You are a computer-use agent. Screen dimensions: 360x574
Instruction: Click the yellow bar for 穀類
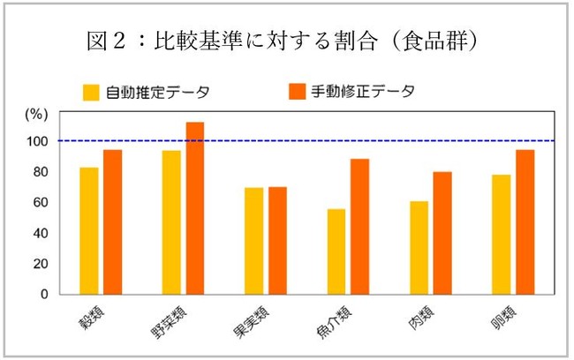89,230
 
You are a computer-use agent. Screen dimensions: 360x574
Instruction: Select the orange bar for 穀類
112,221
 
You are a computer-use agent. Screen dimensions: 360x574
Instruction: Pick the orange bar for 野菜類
194,207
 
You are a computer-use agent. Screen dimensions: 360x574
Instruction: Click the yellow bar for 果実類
253,240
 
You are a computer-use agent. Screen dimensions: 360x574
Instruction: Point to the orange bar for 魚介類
359,226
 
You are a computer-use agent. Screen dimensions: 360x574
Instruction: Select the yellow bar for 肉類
419,247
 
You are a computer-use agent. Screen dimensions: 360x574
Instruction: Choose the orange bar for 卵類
525,221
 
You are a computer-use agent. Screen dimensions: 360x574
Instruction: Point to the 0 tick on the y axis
43,294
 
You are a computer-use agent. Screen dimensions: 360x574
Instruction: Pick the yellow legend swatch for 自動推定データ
91,92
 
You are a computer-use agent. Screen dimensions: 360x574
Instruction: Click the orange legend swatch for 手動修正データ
297,91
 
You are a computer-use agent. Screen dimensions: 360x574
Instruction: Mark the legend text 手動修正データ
361,91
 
